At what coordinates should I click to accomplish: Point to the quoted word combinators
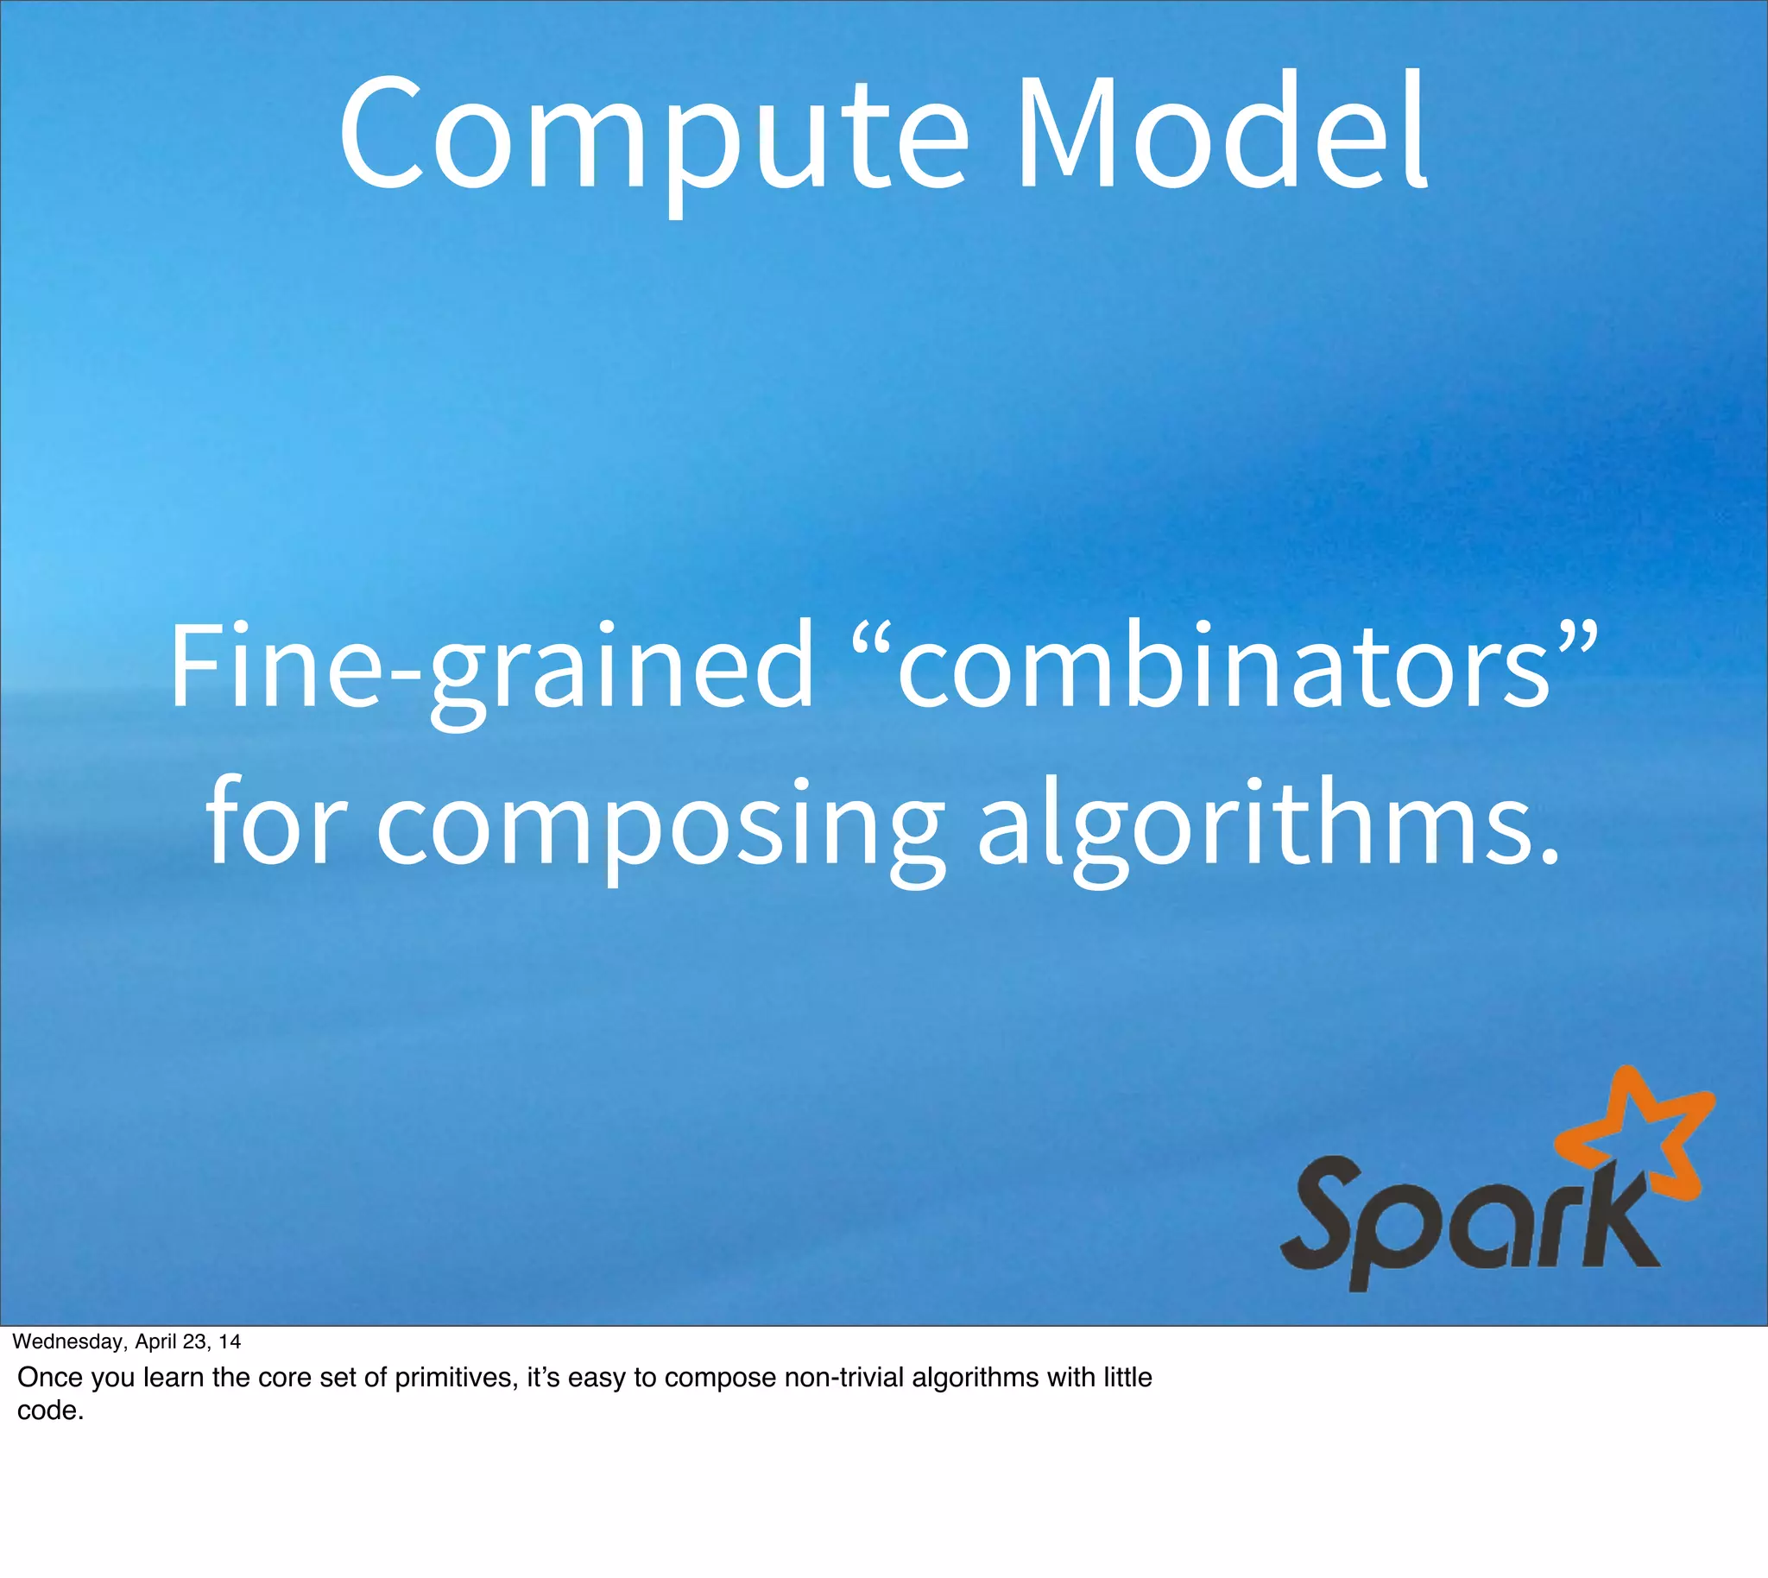(1222, 663)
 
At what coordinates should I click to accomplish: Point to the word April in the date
(156, 1342)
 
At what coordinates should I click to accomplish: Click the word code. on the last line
(50, 1411)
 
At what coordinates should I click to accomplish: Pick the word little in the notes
(1127, 1378)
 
